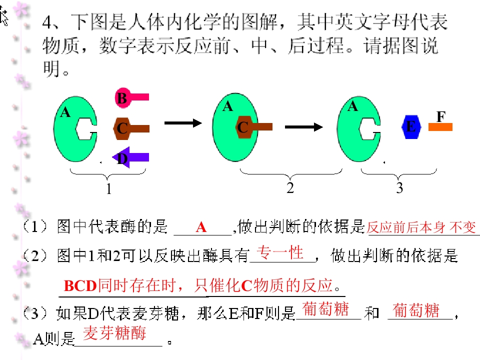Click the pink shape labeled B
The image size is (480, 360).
[128, 97]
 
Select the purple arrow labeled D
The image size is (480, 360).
[130, 157]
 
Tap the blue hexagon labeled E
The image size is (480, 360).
[411, 126]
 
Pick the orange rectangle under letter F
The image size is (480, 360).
[440, 126]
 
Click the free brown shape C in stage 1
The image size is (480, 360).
[131, 128]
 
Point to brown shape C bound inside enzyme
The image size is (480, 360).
[254, 126]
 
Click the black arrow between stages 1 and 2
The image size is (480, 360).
[183, 123]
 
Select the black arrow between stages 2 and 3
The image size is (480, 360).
[303, 126]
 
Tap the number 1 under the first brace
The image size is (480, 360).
[108, 188]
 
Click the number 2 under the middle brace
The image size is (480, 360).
[290, 187]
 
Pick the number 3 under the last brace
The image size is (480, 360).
[399, 187]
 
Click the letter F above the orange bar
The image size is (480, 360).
[441, 116]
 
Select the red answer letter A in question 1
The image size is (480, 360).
[201, 227]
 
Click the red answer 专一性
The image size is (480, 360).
[280, 253]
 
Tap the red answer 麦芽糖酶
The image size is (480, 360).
[114, 333]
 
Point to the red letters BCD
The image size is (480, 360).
[80, 286]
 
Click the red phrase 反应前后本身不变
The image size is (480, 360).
[421, 227]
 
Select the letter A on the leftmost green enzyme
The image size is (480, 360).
[65, 112]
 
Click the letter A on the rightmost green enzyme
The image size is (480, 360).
[352, 106]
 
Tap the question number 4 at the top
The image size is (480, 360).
[47, 22]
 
